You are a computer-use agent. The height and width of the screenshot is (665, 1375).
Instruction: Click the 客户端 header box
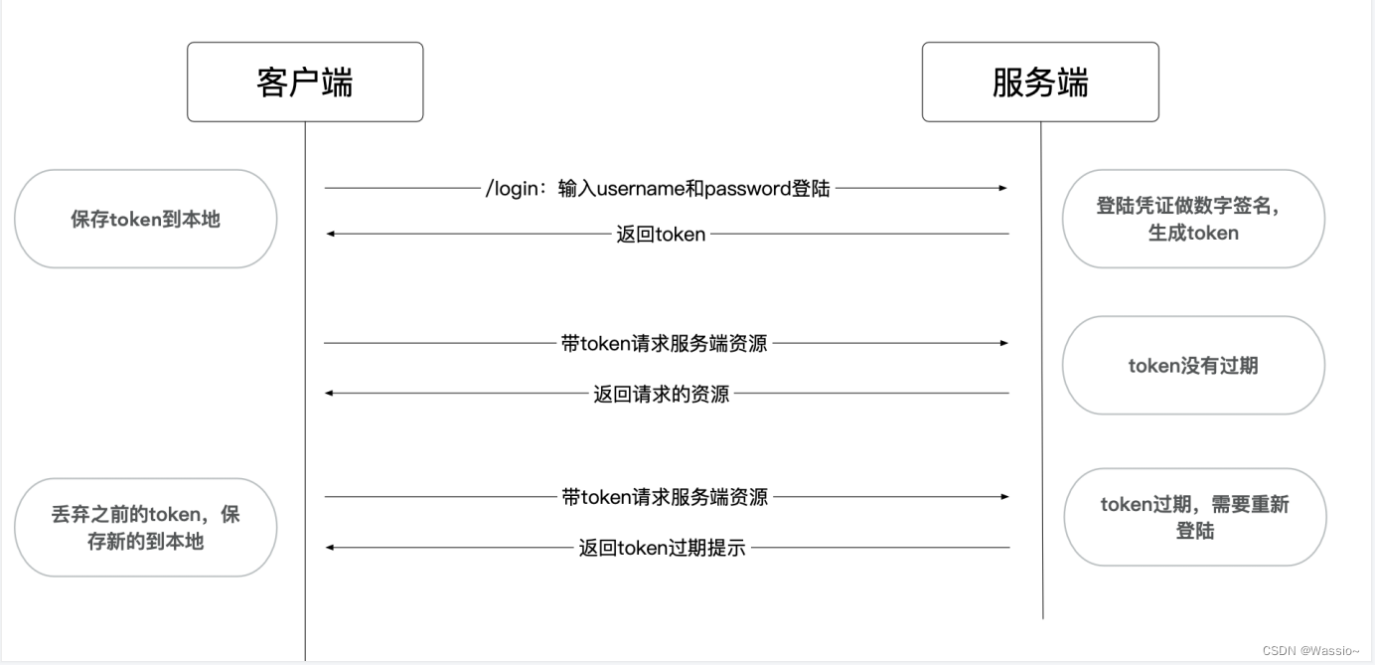(305, 82)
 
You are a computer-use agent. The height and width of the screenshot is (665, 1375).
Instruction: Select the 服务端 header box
(1040, 82)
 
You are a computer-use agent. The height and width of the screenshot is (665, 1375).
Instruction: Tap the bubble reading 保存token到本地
(145, 219)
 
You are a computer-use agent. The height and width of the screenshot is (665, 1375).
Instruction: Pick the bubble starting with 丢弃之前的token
(145, 528)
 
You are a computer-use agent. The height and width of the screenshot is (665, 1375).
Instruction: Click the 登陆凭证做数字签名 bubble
(1193, 219)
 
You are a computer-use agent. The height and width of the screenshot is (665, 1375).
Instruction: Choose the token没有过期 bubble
(1193, 366)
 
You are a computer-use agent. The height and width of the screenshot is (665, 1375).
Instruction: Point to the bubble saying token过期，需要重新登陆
(1194, 517)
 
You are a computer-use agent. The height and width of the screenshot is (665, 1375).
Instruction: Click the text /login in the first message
(512, 188)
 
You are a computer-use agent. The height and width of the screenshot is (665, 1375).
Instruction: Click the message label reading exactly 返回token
(661, 235)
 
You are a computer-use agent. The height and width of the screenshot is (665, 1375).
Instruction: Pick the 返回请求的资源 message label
(661, 394)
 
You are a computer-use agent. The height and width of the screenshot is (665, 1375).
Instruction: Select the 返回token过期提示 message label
(662, 548)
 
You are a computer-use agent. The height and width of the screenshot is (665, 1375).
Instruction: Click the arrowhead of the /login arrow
(1003, 188)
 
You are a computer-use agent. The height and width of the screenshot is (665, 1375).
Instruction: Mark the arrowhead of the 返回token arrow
(331, 235)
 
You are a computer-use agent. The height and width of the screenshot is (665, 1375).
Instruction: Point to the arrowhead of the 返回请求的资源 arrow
(331, 394)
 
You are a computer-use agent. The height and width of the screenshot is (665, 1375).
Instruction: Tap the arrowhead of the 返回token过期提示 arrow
(331, 548)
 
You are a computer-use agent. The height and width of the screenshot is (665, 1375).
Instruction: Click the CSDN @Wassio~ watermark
(1310, 650)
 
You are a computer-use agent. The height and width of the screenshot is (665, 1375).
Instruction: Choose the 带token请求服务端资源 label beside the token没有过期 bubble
(664, 344)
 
